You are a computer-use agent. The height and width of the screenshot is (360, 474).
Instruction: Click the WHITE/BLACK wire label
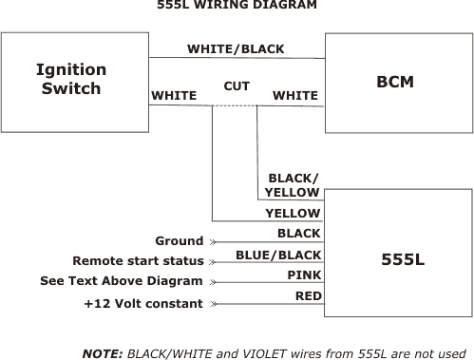point(236,49)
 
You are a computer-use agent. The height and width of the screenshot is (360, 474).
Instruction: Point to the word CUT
point(237,86)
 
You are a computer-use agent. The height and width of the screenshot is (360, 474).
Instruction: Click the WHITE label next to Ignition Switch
point(174,95)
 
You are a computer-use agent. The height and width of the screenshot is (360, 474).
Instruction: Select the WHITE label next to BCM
point(295,95)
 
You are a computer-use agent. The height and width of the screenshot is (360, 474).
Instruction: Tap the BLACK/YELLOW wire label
point(293,185)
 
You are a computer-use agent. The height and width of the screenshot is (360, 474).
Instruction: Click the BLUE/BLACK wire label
point(278,255)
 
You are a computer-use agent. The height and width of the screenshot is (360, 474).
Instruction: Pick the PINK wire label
point(304,275)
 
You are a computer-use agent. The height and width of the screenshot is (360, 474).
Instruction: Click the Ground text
point(180,241)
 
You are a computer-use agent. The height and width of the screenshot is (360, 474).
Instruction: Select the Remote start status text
point(138,260)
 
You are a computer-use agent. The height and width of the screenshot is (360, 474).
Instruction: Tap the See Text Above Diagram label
point(122,281)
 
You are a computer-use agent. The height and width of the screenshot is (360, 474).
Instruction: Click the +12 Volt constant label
point(143,303)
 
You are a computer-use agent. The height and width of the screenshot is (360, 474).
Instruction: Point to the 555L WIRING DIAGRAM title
point(237,6)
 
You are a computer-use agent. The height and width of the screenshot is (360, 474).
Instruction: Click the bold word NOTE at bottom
point(102,352)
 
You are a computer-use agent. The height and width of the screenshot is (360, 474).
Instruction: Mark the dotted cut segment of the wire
point(236,105)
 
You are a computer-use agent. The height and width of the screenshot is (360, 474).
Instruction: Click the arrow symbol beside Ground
point(213,241)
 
